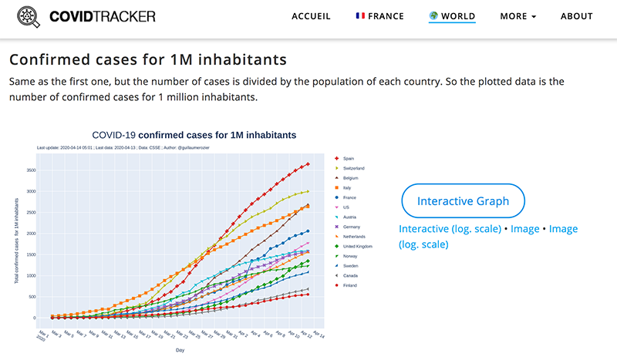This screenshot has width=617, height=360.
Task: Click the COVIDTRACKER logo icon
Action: pyautogui.click(x=28, y=17)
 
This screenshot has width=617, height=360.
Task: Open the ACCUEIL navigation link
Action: pyautogui.click(x=312, y=16)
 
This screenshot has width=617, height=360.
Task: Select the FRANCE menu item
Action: pyautogui.click(x=379, y=16)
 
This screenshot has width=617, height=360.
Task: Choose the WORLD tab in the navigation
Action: pyautogui.click(x=452, y=16)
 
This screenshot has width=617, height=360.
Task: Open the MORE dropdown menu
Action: pyautogui.click(x=518, y=16)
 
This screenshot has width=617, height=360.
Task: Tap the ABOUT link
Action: pyautogui.click(x=577, y=16)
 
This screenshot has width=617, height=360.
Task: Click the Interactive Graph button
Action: pyautogui.click(x=463, y=201)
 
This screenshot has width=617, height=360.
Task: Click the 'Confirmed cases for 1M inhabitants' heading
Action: pyautogui.click(x=147, y=59)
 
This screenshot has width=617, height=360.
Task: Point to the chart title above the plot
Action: pyautogui.click(x=194, y=135)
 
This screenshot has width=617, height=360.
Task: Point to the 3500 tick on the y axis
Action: pyautogui.click(x=31, y=170)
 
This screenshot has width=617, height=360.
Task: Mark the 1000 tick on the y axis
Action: pyautogui.click(x=31, y=275)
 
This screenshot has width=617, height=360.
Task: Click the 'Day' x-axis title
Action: pyautogui.click(x=180, y=349)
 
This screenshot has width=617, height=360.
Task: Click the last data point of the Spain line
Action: pyautogui.click(x=308, y=163)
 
